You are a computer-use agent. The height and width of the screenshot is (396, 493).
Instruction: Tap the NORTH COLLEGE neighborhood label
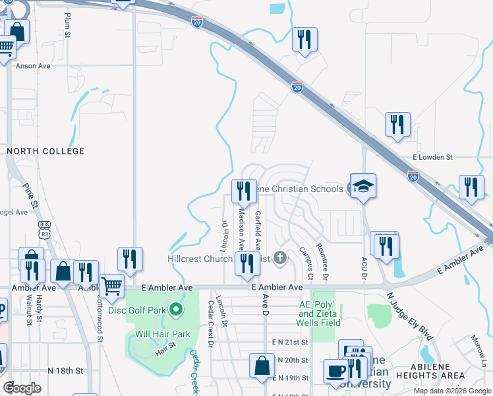click(x=45, y=151)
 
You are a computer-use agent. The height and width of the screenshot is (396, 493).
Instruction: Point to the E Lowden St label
click(x=433, y=158)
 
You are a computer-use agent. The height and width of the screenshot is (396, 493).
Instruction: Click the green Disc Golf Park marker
click(x=175, y=309)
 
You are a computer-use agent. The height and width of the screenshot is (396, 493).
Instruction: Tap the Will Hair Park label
click(x=163, y=334)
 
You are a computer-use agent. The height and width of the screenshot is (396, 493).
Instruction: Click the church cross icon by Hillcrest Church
click(x=280, y=258)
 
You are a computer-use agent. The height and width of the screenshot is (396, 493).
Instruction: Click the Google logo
click(x=22, y=388)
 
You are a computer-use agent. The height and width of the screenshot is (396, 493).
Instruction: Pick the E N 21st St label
click(x=290, y=344)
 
